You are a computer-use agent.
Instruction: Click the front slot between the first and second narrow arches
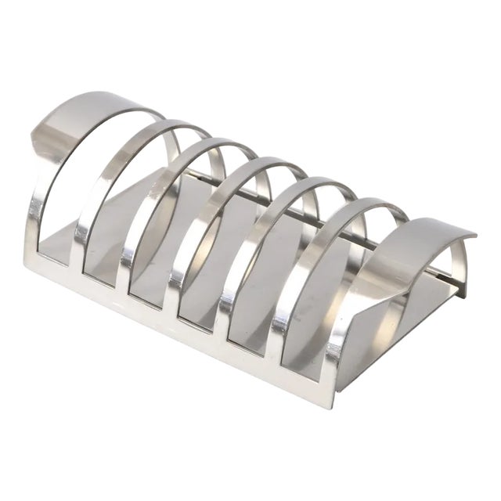[x=102, y=266]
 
